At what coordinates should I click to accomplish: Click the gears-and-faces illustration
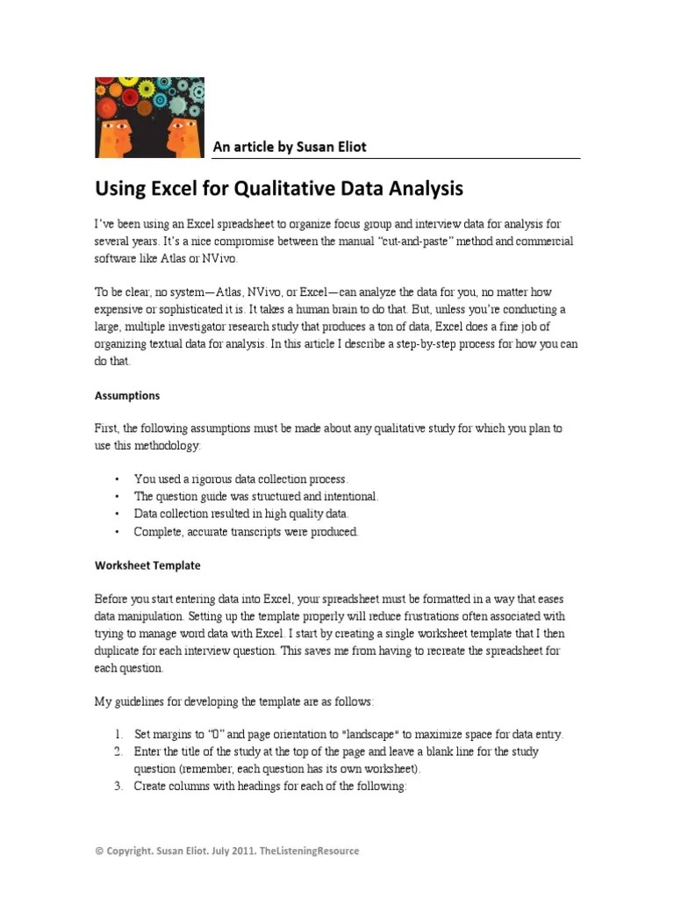149,117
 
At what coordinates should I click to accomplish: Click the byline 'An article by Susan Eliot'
290,147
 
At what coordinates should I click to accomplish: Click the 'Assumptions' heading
127,395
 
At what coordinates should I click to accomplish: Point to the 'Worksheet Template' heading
147,565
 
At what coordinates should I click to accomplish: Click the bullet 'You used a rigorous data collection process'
240,479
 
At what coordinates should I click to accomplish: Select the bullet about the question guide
255,497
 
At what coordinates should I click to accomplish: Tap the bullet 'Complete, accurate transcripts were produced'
246,532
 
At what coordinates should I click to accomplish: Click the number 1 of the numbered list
118,734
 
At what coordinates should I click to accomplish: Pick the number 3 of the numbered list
118,787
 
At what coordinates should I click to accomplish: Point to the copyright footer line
226,851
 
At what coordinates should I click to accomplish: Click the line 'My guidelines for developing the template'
233,701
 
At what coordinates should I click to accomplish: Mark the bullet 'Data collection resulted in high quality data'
241,514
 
